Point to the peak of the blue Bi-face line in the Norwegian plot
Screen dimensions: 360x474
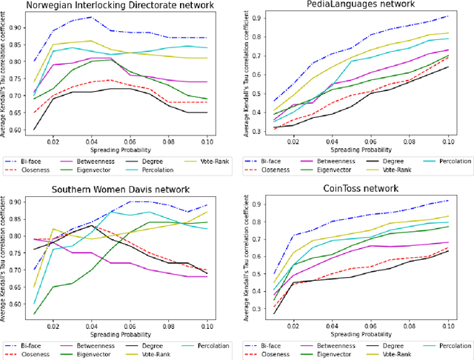90,16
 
